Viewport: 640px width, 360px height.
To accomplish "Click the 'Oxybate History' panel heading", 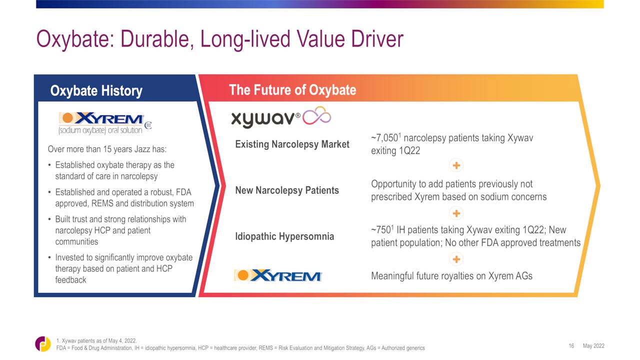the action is click(96, 91).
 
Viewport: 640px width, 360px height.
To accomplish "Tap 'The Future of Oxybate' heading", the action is click(292, 89).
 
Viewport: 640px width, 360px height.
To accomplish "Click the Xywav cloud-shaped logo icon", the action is click(317, 115).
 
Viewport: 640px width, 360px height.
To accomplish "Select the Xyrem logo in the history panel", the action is click(105, 123).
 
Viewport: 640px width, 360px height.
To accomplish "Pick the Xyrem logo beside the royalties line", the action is click(278, 275).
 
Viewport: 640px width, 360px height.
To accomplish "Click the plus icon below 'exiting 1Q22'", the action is click(456, 165).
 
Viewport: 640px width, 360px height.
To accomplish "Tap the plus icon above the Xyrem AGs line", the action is click(456, 259).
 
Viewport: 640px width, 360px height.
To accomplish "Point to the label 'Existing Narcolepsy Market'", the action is click(292, 144).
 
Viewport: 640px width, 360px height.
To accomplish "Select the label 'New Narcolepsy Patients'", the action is click(287, 190).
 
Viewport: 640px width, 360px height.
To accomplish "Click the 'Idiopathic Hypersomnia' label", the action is click(284, 236).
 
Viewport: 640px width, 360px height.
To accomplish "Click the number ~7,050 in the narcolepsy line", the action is click(384, 138).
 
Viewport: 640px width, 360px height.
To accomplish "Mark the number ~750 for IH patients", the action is click(381, 230).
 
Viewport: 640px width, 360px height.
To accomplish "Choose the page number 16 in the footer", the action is click(571, 346).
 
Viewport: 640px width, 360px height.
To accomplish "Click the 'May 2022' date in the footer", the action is click(593, 346).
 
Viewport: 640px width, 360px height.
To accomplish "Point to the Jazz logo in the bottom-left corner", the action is click(43, 343).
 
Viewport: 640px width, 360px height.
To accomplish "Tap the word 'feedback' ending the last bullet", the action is click(70, 279).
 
